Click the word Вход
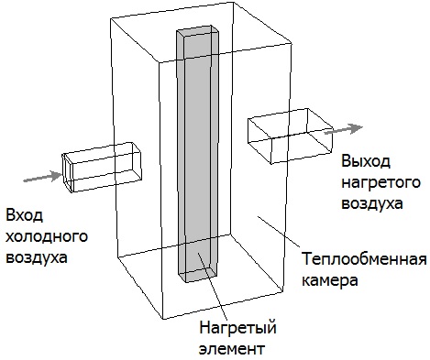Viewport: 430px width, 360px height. point(24,215)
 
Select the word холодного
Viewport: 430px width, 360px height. point(47,236)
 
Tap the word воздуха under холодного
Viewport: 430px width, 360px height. point(37,256)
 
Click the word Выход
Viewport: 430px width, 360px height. point(366,161)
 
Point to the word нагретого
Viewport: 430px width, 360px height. point(380,182)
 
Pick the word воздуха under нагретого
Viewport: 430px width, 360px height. point(371,202)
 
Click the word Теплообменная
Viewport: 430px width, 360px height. point(364,259)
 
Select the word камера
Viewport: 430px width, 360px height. point(329,280)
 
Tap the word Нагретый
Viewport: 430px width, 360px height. point(237,328)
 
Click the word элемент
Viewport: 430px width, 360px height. point(232,348)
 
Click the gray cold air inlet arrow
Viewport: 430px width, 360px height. point(43,177)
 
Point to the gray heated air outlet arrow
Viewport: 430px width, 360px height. point(344,129)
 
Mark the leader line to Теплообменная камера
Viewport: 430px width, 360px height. point(279,232)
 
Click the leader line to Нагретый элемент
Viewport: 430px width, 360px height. point(213,285)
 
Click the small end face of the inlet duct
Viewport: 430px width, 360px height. point(68,173)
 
